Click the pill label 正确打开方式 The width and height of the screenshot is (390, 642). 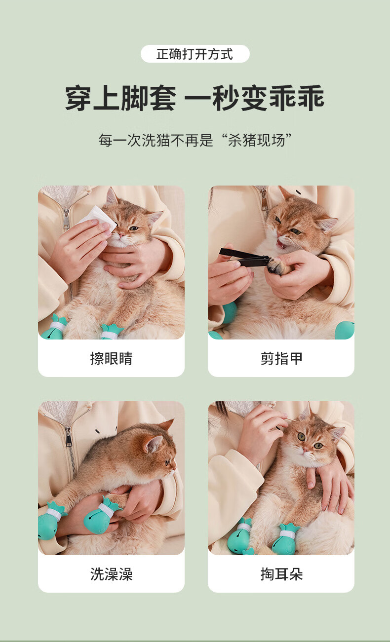coord(195,54)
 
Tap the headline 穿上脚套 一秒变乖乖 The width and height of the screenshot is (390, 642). coord(195,98)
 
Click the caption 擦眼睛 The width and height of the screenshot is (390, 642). coord(111,358)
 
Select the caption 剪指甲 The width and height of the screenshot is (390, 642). coord(281,358)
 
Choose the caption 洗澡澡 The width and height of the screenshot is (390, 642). coord(111,574)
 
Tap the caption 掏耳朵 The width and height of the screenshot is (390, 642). coord(281,574)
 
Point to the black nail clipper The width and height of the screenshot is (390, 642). coord(244,258)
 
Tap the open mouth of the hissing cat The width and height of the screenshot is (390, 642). coord(281,244)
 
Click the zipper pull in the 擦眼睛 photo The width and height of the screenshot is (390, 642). coord(66,219)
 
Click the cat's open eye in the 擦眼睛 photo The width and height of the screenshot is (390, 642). coord(134,228)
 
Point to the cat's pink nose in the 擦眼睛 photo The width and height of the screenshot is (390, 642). coord(121,235)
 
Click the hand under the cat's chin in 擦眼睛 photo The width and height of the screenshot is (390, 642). coord(135,261)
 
